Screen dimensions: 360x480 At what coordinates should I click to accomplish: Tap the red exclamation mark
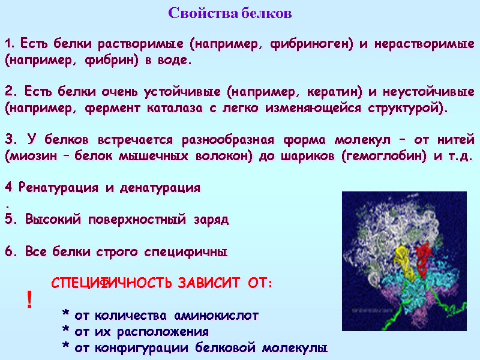coord(29,299)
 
